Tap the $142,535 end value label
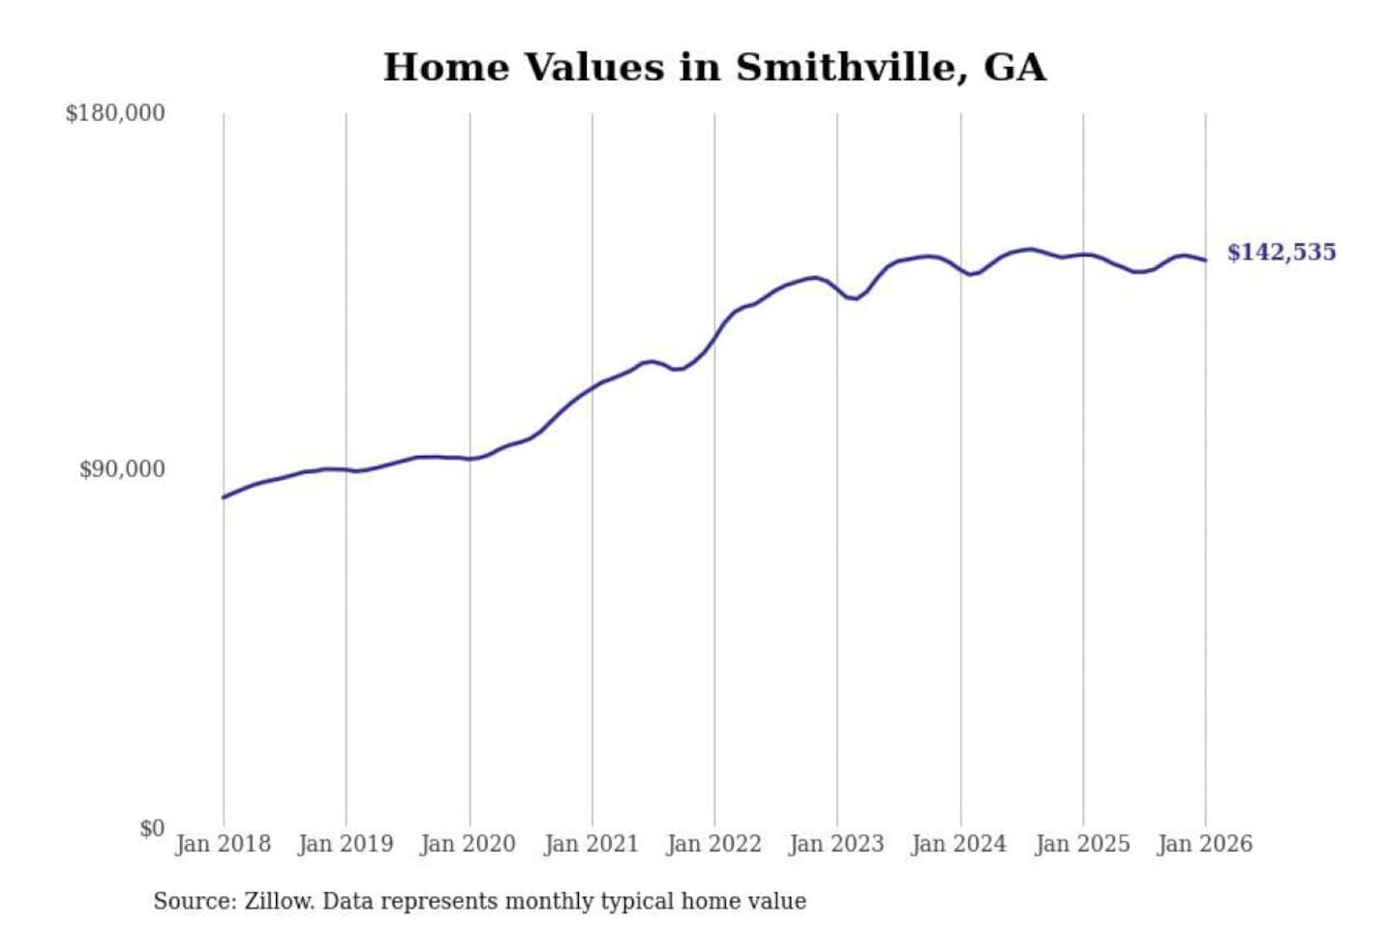(1281, 253)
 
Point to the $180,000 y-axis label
(115, 113)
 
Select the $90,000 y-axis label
(122, 469)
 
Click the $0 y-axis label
(151, 828)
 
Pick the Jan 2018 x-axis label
(224, 844)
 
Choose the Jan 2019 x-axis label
(346, 844)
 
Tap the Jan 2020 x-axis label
(469, 844)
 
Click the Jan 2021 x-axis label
(591, 844)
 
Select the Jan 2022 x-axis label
(714, 844)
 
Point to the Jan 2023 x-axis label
(837, 844)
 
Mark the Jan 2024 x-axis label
(959, 844)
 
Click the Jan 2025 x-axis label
(1082, 844)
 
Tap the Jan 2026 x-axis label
(1205, 844)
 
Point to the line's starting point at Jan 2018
(224, 497)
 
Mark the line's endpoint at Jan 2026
(1205, 259)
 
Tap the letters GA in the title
(1015, 68)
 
